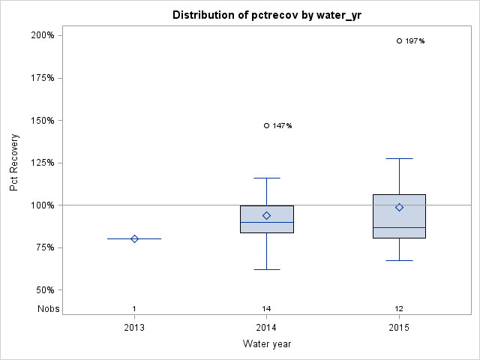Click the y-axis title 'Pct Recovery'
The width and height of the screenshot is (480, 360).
14,163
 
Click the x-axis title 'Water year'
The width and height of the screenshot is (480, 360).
266,344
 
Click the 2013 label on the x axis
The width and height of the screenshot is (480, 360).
134,328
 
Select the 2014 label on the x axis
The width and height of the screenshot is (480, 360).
267,328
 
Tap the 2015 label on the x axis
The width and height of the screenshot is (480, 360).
399,328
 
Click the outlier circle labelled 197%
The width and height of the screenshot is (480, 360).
399,40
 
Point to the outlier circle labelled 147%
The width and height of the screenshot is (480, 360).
267,125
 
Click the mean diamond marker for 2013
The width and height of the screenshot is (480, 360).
134,238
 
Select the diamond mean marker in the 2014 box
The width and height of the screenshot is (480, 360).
267,215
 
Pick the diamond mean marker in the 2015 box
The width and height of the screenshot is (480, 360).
399,207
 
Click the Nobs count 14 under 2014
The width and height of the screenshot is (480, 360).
267,308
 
